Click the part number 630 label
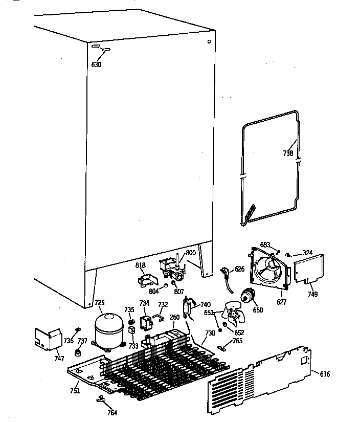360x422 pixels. [97, 65]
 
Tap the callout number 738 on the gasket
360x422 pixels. [288, 152]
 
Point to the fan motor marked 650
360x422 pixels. [249, 296]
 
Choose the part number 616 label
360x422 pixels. [325, 374]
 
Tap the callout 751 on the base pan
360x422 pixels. [75, 391]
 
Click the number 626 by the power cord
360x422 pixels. [240, 269]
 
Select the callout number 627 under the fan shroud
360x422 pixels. [281, 302]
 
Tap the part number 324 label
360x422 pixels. [307, 253]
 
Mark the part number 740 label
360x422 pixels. [205, 305]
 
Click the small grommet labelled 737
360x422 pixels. [79, 353]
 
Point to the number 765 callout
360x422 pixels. [237, 341]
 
